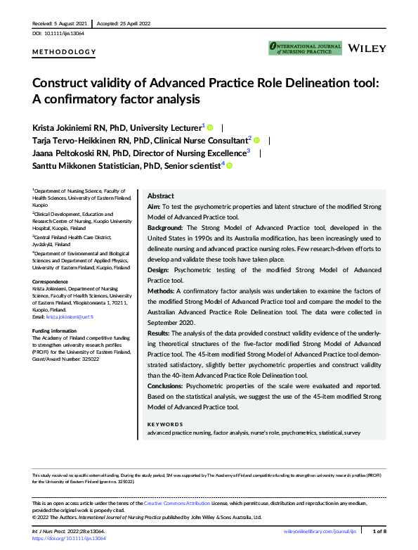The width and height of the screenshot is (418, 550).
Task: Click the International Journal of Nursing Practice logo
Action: [x=305, y=48]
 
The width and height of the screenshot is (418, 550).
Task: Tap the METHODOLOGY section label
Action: [x=64, y=52]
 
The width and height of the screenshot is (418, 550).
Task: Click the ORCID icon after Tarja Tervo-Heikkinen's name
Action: [x=256, y=140]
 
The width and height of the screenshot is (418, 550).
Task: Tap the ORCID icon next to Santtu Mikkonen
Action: [x=228, y=165]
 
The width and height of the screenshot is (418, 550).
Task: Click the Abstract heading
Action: [x=161, y=196]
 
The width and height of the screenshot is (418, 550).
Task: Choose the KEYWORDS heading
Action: [x=165, y=424]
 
